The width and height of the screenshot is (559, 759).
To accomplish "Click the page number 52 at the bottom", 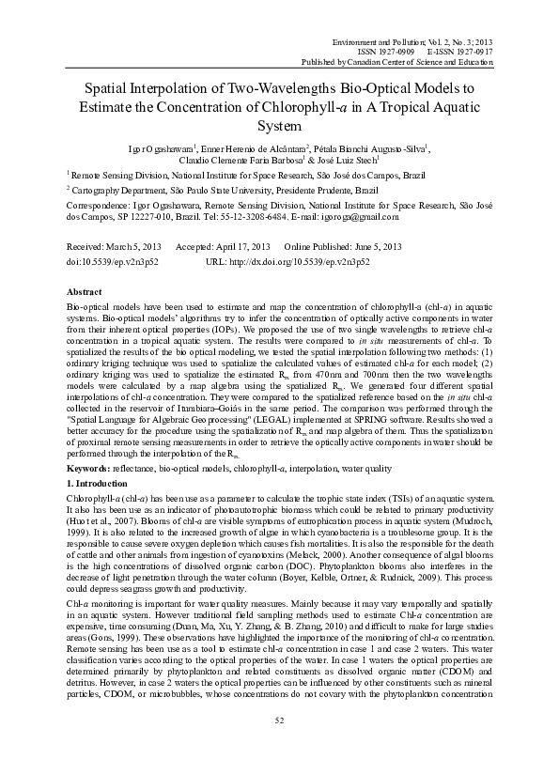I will (x=279, y=746).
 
